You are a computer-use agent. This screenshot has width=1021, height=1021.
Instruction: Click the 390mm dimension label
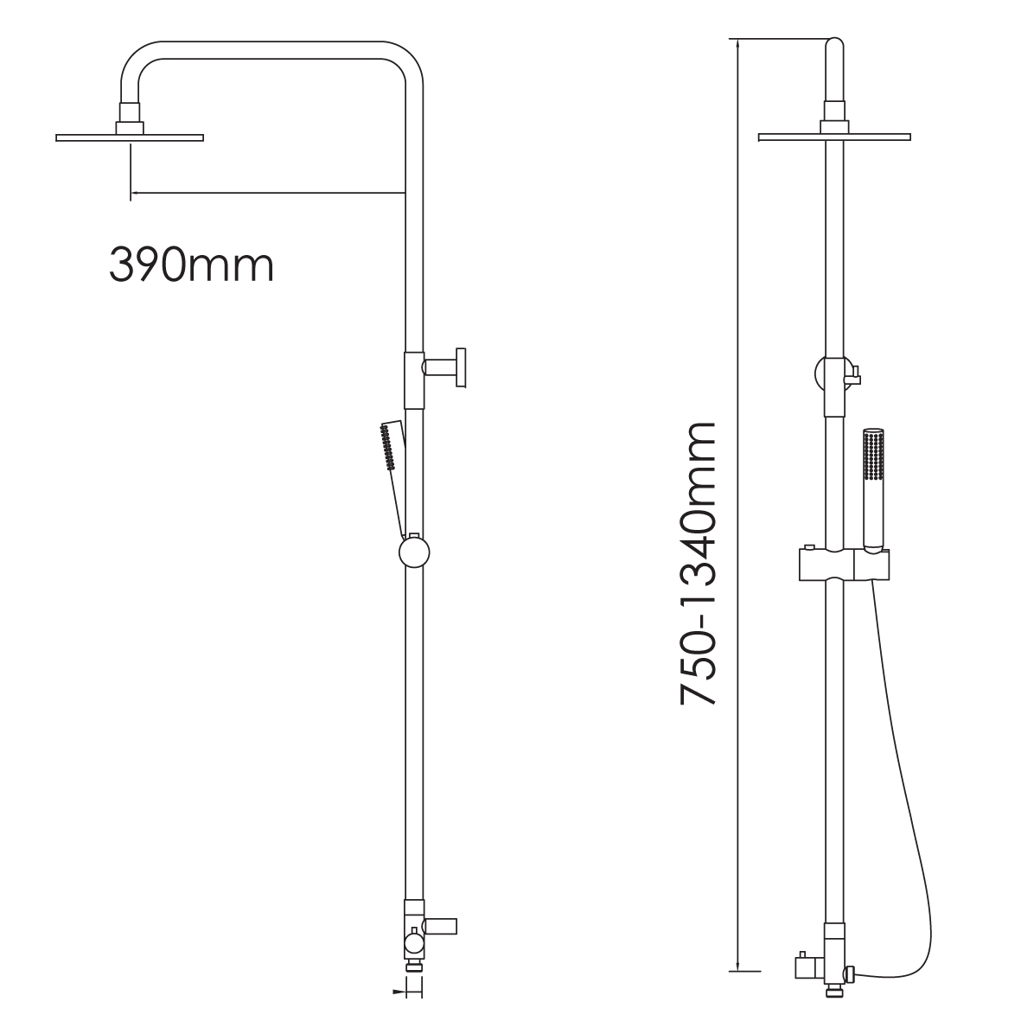191,265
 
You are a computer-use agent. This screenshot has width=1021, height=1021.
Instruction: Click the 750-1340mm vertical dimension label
698,564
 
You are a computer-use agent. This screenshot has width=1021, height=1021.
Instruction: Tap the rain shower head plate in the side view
130,137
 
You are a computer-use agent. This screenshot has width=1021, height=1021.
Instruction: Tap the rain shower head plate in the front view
834,137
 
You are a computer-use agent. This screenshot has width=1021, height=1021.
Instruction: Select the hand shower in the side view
393,475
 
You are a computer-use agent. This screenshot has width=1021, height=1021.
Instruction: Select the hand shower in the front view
873,488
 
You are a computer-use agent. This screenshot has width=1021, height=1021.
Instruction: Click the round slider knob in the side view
414,552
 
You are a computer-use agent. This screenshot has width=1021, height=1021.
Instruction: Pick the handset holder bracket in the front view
843,564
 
